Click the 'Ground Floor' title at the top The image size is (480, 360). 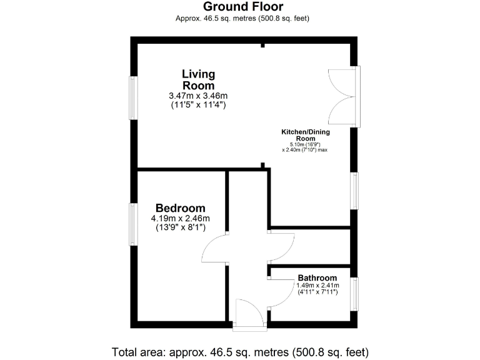(243, 7)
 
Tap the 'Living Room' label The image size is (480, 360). (198, 80)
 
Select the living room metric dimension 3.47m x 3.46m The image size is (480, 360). (198, 96)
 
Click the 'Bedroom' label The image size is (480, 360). (181, 208)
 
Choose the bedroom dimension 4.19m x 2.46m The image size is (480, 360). (181, 219)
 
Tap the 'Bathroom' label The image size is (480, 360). (317, 278)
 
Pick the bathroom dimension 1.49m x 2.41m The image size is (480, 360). (317, 286)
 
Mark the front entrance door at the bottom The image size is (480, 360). (249, 312)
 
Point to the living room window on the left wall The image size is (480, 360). (133, 97)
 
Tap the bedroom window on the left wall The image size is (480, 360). (133, 224)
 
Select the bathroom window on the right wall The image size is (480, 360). (354, 294)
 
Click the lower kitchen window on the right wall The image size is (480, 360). (354, 191)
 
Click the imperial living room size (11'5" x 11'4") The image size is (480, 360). (198, 105)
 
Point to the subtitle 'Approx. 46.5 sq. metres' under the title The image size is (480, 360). (243, 19)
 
